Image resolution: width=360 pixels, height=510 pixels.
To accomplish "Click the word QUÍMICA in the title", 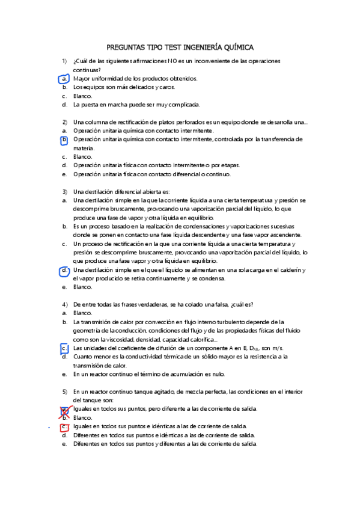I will (238, 46).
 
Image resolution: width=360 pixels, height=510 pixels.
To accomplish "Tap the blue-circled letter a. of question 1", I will (64, 79).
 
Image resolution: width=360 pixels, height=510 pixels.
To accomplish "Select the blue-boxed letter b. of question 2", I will (64, 140).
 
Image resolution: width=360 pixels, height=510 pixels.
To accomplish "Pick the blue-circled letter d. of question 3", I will (64, 271).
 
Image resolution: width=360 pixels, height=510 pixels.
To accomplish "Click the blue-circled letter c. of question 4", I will (64, 348).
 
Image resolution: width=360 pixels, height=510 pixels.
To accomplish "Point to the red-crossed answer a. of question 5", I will (63, 410).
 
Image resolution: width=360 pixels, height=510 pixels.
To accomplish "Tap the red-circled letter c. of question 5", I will (64, 426).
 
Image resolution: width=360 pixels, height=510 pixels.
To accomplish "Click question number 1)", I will (64, 61).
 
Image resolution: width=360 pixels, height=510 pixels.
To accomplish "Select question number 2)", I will (64, 122).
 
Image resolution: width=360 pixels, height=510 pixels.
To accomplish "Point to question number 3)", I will (64, 191).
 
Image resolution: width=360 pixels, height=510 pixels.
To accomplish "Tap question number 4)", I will (64, 304).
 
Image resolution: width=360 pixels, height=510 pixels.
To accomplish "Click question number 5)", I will (64, 392).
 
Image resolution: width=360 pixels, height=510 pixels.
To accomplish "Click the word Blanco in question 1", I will (82, 96).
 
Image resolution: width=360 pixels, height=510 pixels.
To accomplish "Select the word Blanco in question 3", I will (82, 287).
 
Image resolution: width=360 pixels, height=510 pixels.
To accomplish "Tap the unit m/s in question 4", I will (278, 348).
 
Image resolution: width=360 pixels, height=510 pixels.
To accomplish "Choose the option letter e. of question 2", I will (64, 174).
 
